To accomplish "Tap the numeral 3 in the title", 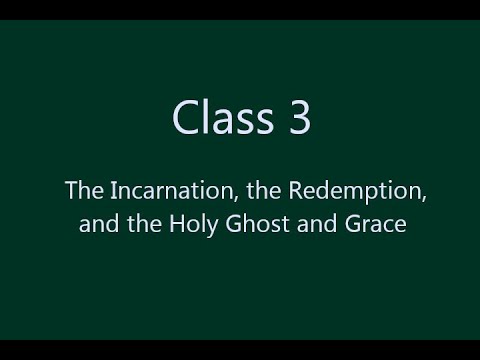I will [299, 118].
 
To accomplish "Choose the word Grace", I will [375, 225].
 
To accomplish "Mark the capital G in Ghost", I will [237, 225].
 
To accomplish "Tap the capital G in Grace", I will [353, 225].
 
